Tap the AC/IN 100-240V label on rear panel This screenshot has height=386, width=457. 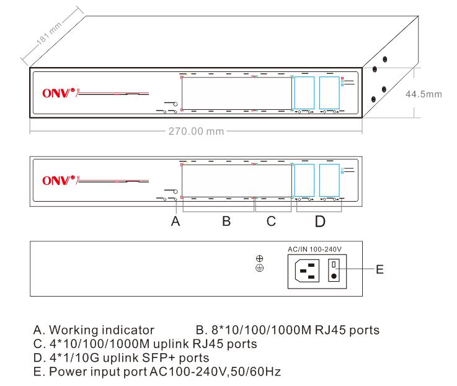tap(316, 248)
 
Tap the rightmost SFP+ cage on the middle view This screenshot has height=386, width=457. tap(329, 181)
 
